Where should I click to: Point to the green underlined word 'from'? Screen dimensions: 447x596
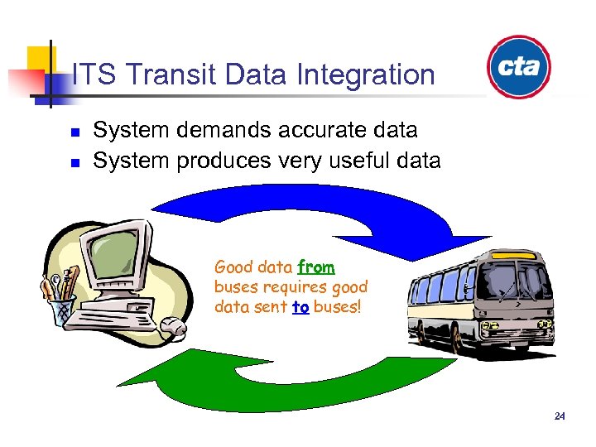click(315, 267)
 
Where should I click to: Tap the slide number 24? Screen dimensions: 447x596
click(560, 416)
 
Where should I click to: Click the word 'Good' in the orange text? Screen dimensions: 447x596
click(231, 267)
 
